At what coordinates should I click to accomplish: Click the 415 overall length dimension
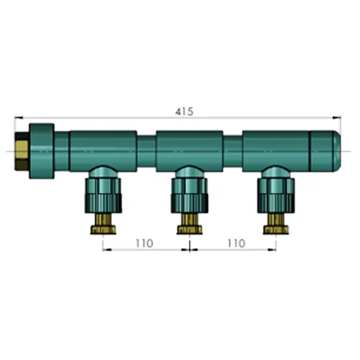184,112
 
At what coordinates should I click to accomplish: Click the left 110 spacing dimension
144,243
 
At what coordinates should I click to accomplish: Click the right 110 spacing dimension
236,243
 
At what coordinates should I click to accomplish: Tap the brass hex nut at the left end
22,151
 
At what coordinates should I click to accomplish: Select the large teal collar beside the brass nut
41,151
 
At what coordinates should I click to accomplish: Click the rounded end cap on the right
325,151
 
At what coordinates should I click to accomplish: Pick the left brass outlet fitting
103,224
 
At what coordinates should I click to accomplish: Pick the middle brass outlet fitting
190,224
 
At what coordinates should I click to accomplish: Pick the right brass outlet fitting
276,224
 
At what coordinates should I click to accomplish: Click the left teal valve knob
103,196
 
